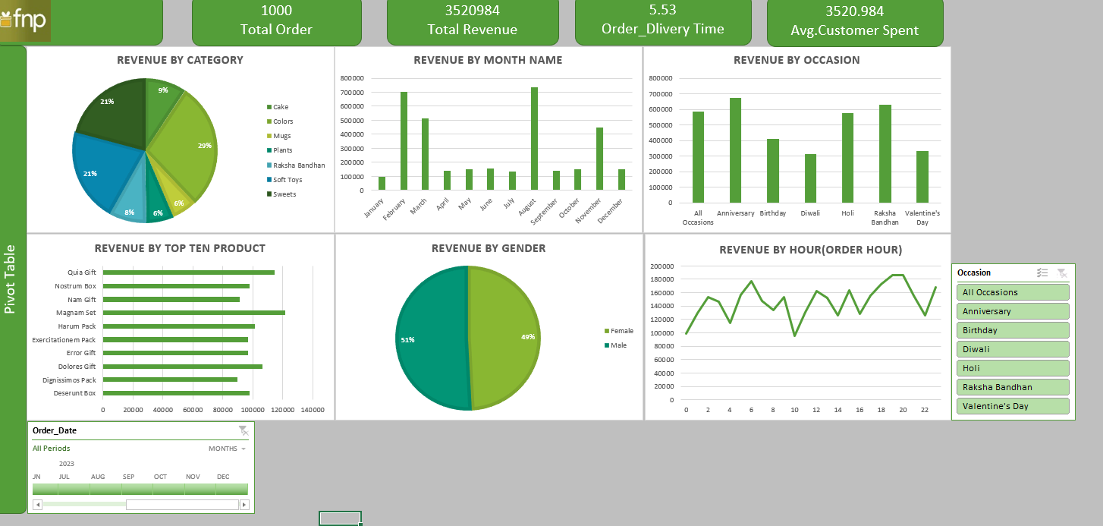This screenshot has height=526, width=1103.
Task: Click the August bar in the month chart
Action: [x=534, y=138]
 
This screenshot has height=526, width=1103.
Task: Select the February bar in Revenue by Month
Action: [x=404, y=141]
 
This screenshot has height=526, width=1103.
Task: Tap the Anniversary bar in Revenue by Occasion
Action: [x=735, y=150]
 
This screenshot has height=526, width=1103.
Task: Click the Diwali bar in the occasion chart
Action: [x=810, y=178]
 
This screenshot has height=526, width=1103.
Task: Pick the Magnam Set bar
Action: [x=194, y=313]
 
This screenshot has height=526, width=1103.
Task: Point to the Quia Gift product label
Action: [x=82, y=272]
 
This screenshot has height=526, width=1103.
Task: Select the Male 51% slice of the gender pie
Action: [x=431, y=338]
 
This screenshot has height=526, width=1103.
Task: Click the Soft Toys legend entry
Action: [x=284, y=180]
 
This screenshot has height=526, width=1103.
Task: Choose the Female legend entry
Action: [x=619, y=331]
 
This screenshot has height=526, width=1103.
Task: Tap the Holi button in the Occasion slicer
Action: [x=1013, y=368]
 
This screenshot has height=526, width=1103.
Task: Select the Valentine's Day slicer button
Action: [x=1013, y=406]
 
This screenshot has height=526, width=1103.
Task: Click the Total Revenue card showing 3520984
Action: [x=473, y=22]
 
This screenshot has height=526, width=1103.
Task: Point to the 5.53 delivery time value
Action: [x=663, y=10]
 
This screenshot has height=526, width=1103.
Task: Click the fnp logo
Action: [x=24, y=20]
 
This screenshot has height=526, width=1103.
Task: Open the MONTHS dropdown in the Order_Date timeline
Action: [x=227, y=449]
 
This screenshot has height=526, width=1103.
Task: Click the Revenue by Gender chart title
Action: [x=489, y=248]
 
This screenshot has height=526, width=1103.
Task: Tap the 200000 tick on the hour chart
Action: [x=661, y=266]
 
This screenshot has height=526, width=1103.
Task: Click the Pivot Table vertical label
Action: [x=10, y=279]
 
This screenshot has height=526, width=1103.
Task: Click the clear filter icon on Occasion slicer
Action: [x=1061, y=272]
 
